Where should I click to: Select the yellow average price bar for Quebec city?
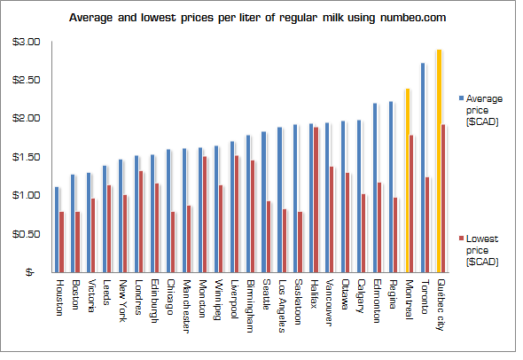coord(439,160)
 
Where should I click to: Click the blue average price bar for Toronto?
coord(423,168)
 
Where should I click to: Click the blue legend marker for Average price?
coord(460,98)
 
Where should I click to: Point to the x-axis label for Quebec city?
coord(442,307)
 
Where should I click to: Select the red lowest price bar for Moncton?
coord(205,214)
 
